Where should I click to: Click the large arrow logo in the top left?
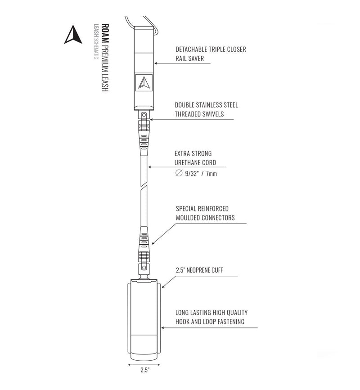pyautogui.click(x=73, y=35)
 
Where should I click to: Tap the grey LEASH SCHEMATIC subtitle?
pyautogui.click(x=96, y=41)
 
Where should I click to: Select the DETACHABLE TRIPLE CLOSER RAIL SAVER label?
pyautogui.click(x=211, y=54)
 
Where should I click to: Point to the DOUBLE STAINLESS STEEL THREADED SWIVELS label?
pyautogui.click(x=206, y=109)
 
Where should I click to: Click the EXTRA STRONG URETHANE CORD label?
pyautogui.click(x=195, y=158)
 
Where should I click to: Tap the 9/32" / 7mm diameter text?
pyautogui.click(x=201, y=174)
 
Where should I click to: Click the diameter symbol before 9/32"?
pyautogui.click(x=179, y=173)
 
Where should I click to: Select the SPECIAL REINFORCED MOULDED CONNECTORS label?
pyautogui.click(x=205, y=213)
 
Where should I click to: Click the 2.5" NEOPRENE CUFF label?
pyautogui.click(x=199, y=270)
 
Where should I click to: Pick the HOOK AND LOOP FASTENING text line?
pyautogui.click(x=210, y=322)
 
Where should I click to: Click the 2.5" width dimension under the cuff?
pyautogui.click(x=144, y=370)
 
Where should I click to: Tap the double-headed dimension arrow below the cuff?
pyautogui.click(x=144, y=365)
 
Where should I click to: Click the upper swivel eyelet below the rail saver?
pyautogui.click(x=144, y=115)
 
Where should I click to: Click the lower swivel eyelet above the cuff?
pyautogui.click(x=144, y=268)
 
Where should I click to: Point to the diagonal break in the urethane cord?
pyautogui.click(x=144, y=187)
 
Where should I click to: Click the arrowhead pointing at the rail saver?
pyautogui.click(x=156, y=63)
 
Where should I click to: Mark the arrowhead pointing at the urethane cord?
pyautogui.click(x=150, y=167)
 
